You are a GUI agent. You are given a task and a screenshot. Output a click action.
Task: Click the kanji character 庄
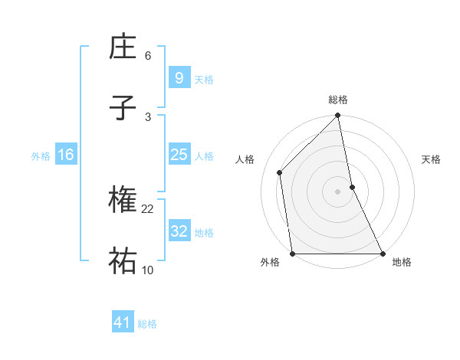pyautogui.click(x=123, y=48)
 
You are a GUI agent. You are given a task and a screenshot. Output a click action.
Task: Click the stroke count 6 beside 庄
pyautogui.click(x=147, y=56)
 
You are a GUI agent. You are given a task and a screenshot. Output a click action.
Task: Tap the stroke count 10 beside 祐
pyautogui.click(x=148, y=270)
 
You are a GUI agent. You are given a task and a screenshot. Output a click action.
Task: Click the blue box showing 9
pyautogui.click(x=179, y=78)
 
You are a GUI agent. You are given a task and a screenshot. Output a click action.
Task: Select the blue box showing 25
pyautogui.click(x=179, y=155)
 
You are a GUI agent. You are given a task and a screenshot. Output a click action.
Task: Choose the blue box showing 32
pyautogui.click(x=179, y=231)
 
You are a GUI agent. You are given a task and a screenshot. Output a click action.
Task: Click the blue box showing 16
pyautogui.click(x=65, y=155)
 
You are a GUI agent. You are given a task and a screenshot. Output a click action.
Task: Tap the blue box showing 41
pyautogui.click(x=123, y=322)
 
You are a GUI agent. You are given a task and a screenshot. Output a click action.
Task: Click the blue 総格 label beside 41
pyautogui.click(x=147, y=324)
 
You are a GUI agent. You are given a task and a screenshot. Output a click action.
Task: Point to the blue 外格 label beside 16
pyautogui.click(x=41, y=156)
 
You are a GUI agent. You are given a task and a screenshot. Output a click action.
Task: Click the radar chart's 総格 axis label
pyautogui.click(x=338, y=100)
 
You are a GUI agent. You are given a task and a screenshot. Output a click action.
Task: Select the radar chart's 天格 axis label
pyautogui.click(x=432, y=160)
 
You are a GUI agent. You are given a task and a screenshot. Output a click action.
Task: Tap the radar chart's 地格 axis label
pyautogui.click(x=402, y=263)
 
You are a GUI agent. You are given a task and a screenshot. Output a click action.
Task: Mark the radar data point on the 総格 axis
pyautogui.click(x=338, y=116)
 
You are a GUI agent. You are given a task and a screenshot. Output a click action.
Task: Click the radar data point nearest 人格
pyautogui.click(x=280, y=172)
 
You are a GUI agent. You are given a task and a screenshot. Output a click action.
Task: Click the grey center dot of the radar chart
pyautogui.click(x=338, y=191)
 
